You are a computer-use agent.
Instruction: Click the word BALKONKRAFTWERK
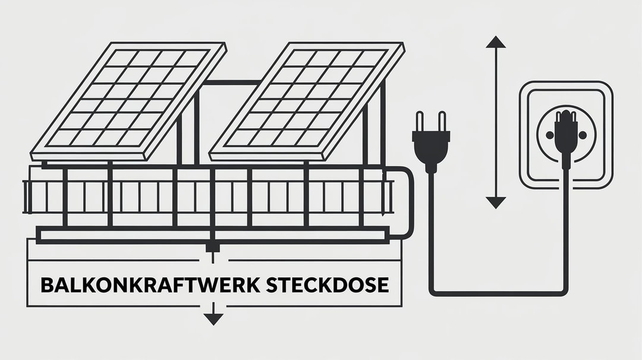tap(148, 285)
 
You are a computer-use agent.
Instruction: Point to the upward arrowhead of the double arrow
tap(495, 42)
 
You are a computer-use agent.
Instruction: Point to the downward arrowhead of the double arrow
tap(495, 203)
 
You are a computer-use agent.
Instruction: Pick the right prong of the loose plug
tap(439, 121)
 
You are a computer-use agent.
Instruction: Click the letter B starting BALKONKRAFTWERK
tap(46, 285)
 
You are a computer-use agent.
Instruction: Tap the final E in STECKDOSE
tap(383, 285)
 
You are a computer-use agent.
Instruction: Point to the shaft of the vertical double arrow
tap(495, 122)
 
